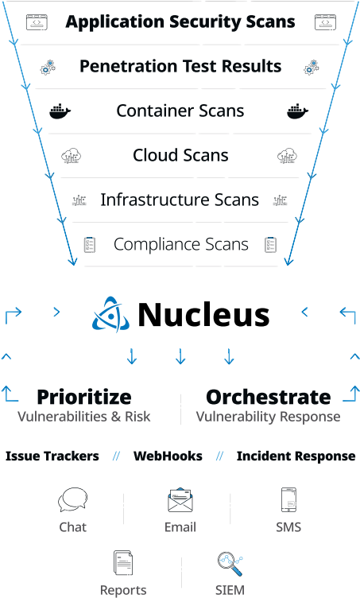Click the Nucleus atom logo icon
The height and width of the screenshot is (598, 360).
pyautogui.click(x=110, y=314)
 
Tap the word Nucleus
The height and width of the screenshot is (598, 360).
pyautogui.click(x=203, y=315)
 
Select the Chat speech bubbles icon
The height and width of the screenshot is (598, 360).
pyautogui.click(x=73, y=499)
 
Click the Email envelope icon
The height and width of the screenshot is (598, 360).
pyautogui.click(x=180, y=500)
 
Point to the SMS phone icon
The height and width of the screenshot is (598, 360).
pyautogui.click(x=288, y=499)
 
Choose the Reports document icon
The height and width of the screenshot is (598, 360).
pyautogui.click(x=123, y=562)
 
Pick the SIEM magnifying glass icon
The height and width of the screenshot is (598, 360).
pyautogui.click(x=230, y=564)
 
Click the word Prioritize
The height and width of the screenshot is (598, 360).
pyautogui.click(x=84, y=397)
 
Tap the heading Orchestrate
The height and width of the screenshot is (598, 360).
pyautogui.click(x=268, y=397)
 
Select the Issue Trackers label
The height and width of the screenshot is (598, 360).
pyautogui.click(x=52, y=456)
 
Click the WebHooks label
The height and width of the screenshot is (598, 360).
pyautogui.click(x=168, y=456)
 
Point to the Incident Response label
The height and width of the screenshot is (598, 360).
pyautogui.click(x=296, y=456)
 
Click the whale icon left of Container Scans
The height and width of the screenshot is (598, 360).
pyautogui.click(x=60, y=111)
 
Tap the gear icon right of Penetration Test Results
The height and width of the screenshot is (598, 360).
pyautogui.click(x=312, y=67)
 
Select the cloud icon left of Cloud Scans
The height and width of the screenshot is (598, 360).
pyautogui.click(x=72, y=156)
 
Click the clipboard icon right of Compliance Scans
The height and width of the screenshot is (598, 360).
pyautogui.click(x=270, y=244)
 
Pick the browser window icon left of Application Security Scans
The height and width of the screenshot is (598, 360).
pyautogui.click(x=37, y=22)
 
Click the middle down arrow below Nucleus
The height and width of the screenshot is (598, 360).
pyautogui.click(x=180, y=356)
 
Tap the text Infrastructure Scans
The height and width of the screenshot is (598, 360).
pyautogui.click(x=180, y=200)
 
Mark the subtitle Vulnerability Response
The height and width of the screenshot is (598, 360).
pyautogui.click(x=268, y=417)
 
